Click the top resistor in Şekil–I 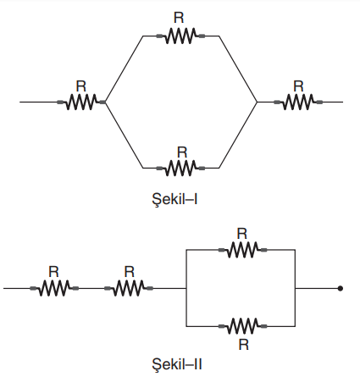(x=180, y=36)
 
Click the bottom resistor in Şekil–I (x=180, y=169)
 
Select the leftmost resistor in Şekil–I (x=81, y=102)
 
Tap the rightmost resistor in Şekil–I (x=298, y=102)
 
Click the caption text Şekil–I (x=174, y=200)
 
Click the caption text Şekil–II (x=177, y=364)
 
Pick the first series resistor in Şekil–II (x=54, y=288)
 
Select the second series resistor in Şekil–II (x=129, y=288)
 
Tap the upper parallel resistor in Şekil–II (x=242, y=250)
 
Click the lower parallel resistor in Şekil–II (x=242, y=326)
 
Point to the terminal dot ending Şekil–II (x=341, y=288)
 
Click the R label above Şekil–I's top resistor (x=179, y=18)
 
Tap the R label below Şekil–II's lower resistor (x=244, y=345)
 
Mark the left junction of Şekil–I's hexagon (x=106, y=102)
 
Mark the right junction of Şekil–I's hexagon (x=258, y=102)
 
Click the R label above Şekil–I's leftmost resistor (x=81, y=86)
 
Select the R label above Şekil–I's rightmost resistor (x=298, y=86)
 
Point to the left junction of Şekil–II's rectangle (x=186, y=288)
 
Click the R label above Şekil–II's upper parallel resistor (x=242, y=234)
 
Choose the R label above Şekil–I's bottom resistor (x=182, y=152)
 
